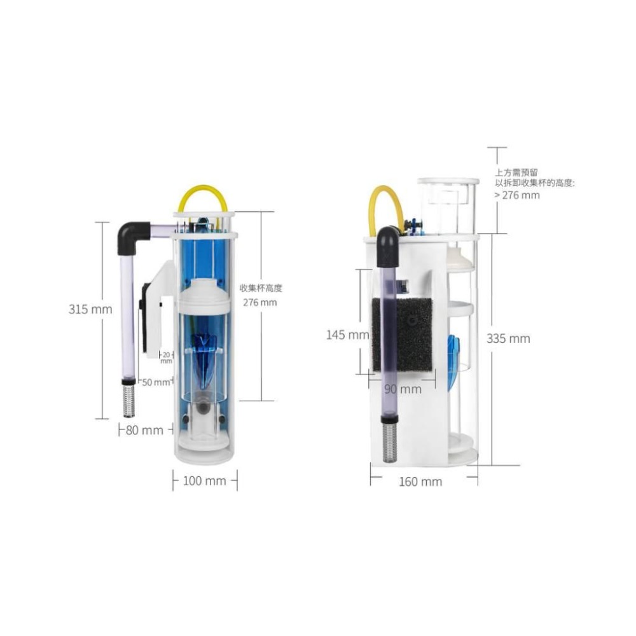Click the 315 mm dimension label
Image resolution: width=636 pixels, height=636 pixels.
tap(90, 310)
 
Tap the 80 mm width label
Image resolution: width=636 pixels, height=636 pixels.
tap(144, 430)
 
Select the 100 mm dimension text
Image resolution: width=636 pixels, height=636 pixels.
tap(204, 481)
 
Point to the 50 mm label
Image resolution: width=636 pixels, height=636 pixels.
tap(156, 382)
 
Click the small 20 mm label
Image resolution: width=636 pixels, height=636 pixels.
tap(167, 357)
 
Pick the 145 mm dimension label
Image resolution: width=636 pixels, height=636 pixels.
tap(347, 335)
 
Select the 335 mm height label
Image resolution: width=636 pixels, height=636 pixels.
tap(508, 338)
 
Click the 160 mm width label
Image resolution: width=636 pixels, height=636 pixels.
tap(420, 481)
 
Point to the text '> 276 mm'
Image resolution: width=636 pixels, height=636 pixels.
tap(516, 195)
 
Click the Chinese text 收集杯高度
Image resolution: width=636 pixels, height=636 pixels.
tap(260, 288)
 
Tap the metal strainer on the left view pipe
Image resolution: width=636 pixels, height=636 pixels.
tap(129, 397)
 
